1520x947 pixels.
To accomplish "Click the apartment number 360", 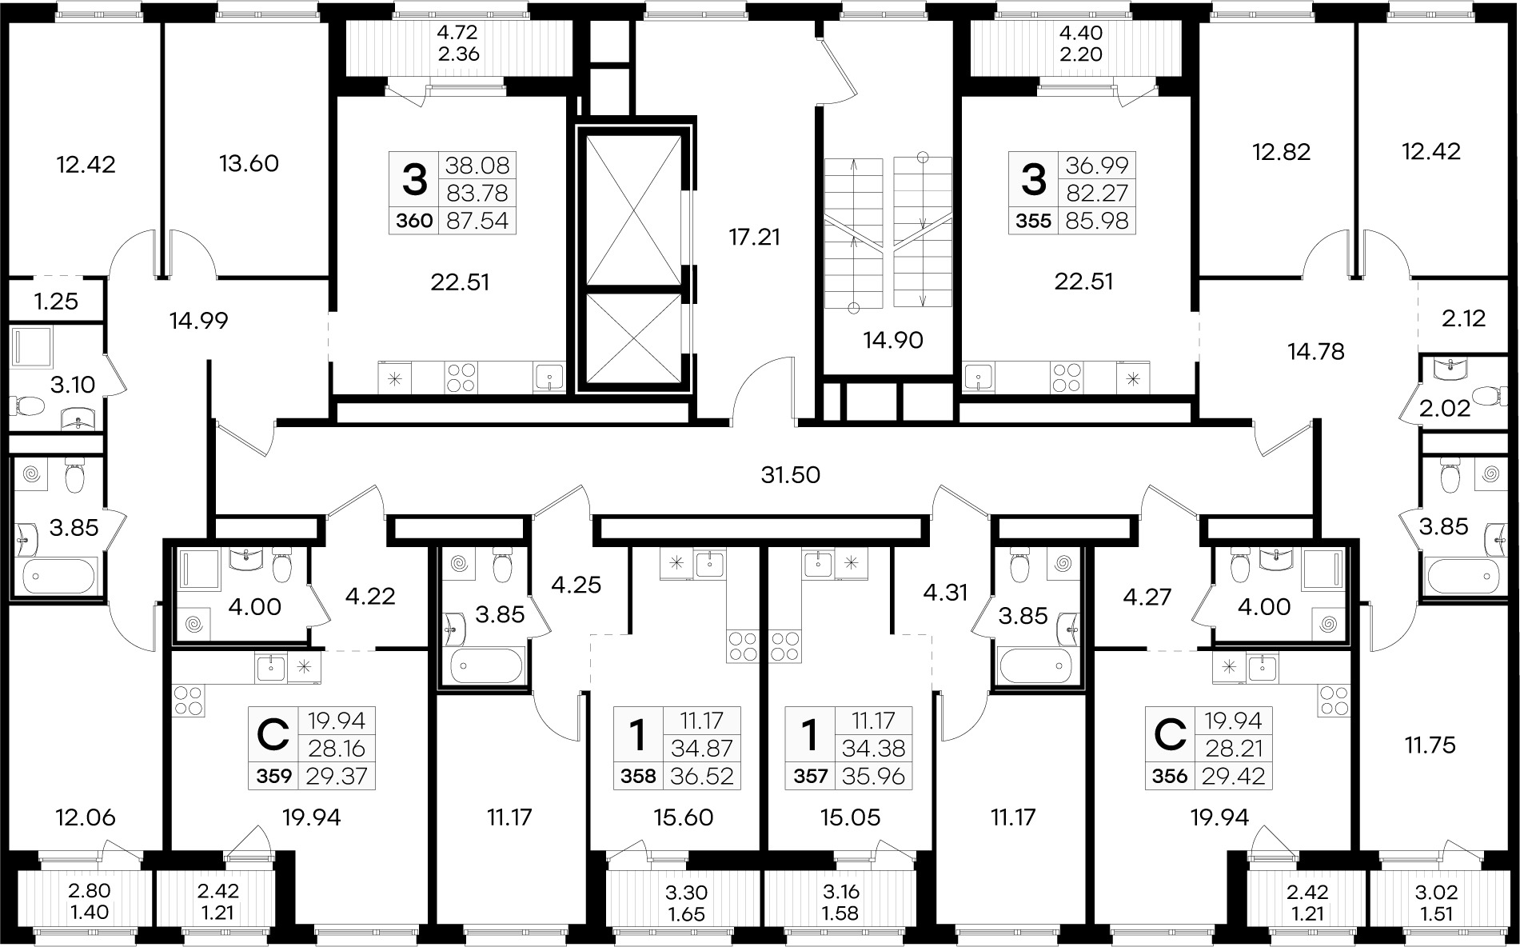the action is pyautogui.click(x=413, y=221).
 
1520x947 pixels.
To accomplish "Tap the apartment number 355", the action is pyautogui.click(x=1033, y=221).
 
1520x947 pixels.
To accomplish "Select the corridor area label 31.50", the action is pyautogui.click(x=790, y=475).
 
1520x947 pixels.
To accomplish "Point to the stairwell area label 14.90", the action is pyautogui.click(x=893, y=340).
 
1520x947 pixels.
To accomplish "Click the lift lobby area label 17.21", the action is pyautogui.click(x=754, y=237).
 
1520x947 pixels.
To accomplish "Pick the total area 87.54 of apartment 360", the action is pyautogui.click(x=478, y=221).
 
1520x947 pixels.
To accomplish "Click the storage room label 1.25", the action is pyautogui.click(x=56, y=302).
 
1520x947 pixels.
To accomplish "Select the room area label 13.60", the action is pyautogui.click(x=249, y=163).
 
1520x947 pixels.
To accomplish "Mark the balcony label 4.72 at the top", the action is pyautogui.click(x=457, y=33).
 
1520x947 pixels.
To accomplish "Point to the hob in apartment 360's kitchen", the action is pyautogui.click(x=461, y=376).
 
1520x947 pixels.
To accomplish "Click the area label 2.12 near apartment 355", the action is pyautogui.click(x=1463, y=319).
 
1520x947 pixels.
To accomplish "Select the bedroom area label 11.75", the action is pyautogui.click(x=1430, y=745).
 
